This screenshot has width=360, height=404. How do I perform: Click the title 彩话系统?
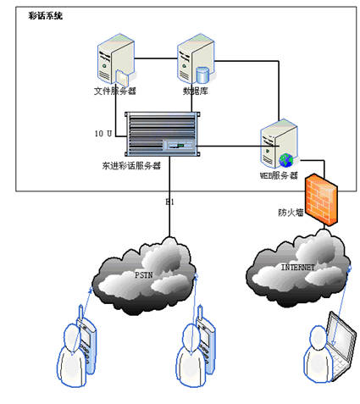(x=45, y=16)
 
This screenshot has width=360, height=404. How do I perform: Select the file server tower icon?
(x=115, y=59)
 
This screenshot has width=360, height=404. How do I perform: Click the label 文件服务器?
(x=115, y=91)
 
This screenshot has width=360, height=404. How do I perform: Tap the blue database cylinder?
(x=202, y=75)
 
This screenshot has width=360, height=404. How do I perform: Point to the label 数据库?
(x=196, y=91)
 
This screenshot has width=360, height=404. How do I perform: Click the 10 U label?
(x=103, y=133)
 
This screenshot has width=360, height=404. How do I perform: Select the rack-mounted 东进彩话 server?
(x=163, y=134)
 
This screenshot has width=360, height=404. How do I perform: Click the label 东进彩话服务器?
(x=131, y=166)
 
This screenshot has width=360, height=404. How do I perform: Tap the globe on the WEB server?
(x=286, y=160)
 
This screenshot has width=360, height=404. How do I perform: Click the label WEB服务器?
(x=279, y=175)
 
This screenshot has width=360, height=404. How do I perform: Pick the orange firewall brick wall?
(x=322, y=200)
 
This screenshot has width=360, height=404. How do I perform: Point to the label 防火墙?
(x=291, y=213)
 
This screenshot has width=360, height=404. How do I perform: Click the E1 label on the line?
(x=169, y=202)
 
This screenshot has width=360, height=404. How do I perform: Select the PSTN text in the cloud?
(x=144, y=274)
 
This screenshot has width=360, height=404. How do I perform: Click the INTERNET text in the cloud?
(x=297, y=267)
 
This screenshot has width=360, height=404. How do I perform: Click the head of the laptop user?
(x=318, y=338)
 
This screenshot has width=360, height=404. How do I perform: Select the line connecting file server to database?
(x=156, y=58)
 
